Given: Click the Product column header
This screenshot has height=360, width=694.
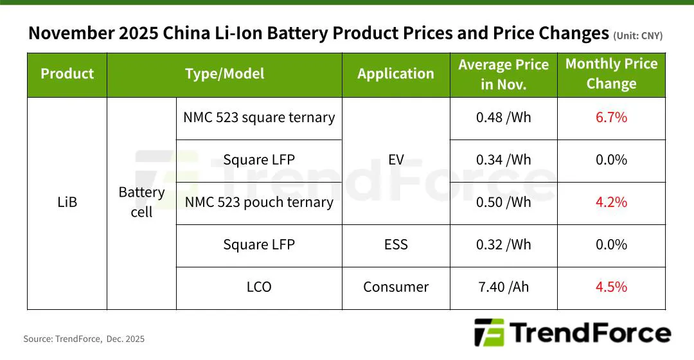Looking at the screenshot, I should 67,74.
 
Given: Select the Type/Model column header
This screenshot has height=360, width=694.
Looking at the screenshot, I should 224,74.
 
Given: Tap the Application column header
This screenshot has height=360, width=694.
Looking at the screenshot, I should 396,74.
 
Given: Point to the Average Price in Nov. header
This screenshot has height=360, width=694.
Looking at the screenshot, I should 503,74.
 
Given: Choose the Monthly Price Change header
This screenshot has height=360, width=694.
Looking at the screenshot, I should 611,74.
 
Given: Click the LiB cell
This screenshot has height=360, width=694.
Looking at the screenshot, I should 67,203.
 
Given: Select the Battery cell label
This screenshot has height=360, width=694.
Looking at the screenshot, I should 141,203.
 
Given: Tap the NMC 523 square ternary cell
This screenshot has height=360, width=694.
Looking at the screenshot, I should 259,118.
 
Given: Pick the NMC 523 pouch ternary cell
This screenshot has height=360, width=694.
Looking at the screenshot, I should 259,203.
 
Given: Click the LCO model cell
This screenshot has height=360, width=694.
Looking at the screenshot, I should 259,287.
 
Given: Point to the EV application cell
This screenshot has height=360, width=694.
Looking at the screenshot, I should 396,160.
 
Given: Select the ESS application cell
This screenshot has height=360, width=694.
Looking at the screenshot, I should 396,245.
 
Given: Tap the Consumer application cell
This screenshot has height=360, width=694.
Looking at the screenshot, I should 396,287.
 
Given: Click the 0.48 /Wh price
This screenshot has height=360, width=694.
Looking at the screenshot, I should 503,118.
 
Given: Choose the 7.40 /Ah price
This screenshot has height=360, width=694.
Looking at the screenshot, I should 503,287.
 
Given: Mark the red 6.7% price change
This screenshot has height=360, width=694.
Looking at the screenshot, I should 611,118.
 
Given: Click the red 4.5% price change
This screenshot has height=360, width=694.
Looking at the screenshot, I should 611,287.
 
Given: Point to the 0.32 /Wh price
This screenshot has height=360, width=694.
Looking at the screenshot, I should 503,245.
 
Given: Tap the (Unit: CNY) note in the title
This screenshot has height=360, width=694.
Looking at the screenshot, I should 637,36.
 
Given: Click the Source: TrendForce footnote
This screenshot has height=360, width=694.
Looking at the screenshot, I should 84,339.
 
